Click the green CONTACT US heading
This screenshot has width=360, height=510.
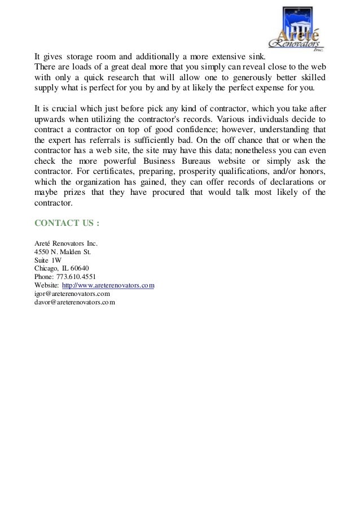click(67, 223)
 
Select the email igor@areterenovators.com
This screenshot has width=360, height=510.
click(72, 294)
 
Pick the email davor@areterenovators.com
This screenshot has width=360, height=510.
click(75, 302)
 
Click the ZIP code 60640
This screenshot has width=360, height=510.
click(80, 268)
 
